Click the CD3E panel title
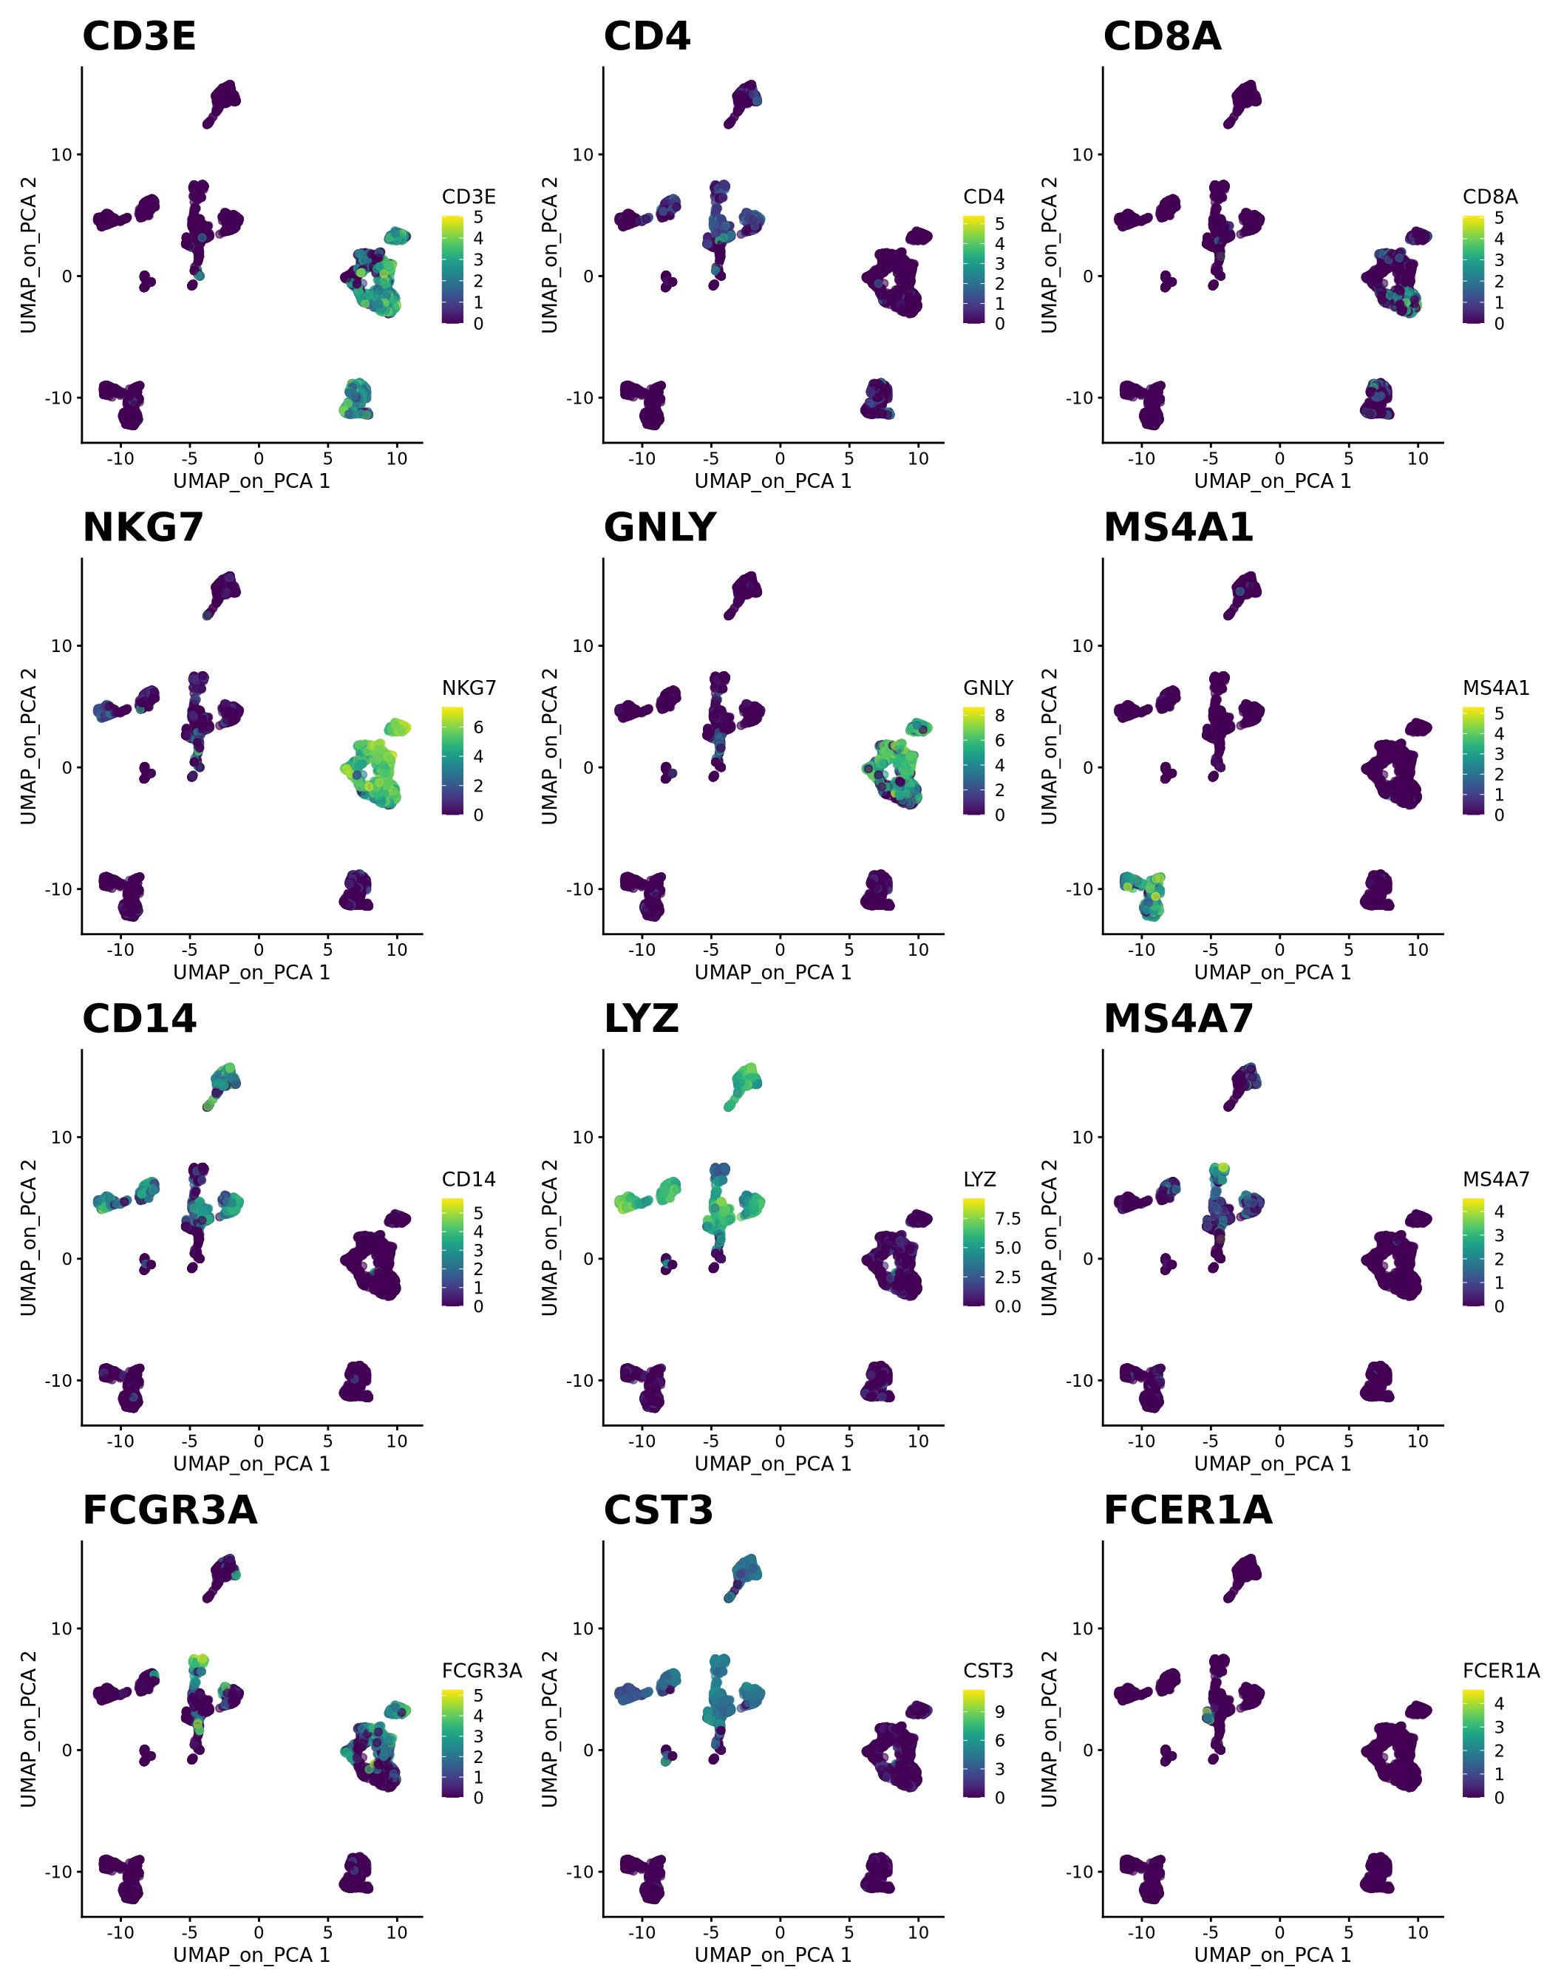coord(139,36)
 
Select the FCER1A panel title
coord(1187,1510)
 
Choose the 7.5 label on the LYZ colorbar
coord(1007,1218)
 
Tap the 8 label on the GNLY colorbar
coord(999,716)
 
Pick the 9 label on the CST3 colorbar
coord(999,1712)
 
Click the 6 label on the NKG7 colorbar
coord(478,727)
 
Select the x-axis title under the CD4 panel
coord(772,480)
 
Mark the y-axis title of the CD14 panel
coord(28,1237)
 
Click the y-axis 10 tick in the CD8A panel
coord(1082,154)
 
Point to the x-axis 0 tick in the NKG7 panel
coord(259,950)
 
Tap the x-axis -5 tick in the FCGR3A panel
coord(189,1932)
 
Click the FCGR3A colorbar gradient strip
coord(452,1743)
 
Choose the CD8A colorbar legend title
coord(1490,197)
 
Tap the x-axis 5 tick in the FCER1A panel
coord(1348,1932)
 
